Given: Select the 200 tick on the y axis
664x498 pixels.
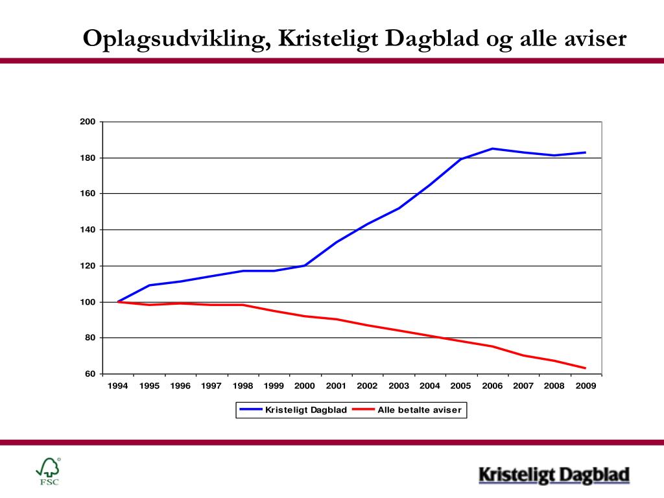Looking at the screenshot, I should click(88, 122).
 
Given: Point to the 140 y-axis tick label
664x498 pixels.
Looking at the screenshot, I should click(88, 230).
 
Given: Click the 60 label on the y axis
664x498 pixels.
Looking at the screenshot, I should click(90, 374).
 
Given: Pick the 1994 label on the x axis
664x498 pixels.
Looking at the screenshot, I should click(118, 386).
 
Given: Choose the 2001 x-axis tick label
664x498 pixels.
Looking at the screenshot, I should click(336, 386).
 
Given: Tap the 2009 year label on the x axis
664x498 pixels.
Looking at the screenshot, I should click(585, 386).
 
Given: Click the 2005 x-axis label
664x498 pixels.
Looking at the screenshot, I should click(460, 386).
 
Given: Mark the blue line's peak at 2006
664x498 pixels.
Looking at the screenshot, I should click(492, 148).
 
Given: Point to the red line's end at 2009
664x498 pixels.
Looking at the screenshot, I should click(586, 368).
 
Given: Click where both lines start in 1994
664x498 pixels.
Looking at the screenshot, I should click(118, 302).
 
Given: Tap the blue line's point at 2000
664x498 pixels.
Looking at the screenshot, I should click(305, 265).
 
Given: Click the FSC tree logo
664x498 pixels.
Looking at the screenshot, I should click(49, 470).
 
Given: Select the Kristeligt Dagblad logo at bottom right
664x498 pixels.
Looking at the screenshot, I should click(554, 475).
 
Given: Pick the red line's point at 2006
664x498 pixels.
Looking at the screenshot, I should click(492, 346).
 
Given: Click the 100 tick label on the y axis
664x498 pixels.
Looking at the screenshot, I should click(88, 302).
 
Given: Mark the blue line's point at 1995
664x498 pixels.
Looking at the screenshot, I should click(149, 285).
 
